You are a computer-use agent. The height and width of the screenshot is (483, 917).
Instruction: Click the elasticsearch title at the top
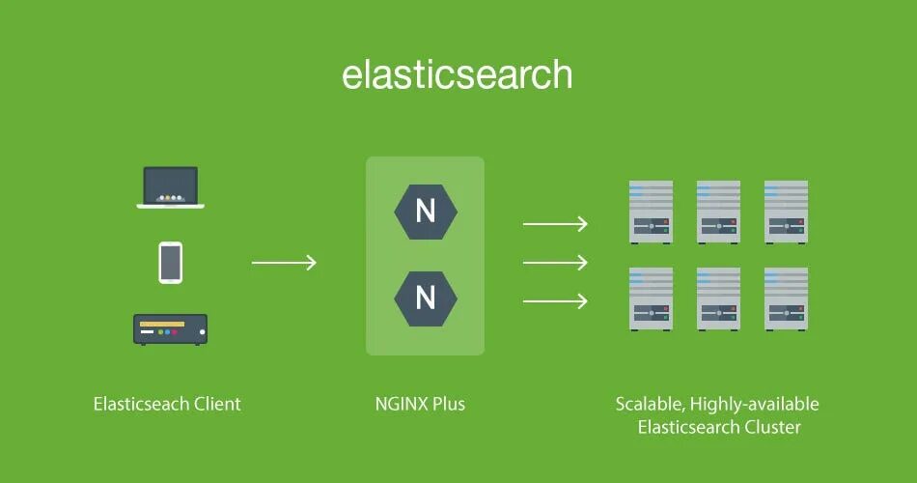point(458,75)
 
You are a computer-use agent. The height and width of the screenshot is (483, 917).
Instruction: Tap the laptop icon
point(171,187)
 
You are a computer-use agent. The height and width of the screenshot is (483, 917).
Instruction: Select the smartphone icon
point(171,263)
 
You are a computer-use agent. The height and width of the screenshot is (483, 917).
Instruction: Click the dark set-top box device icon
point(171,329)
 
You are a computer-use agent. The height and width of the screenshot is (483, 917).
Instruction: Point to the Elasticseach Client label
point(167,404)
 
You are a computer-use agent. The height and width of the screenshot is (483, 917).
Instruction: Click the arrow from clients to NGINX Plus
point(284,263)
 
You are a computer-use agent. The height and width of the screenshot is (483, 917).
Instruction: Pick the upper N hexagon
point(426,212)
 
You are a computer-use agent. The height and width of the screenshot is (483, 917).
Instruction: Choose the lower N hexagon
point(426,298)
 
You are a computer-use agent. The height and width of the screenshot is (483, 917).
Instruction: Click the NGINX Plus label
point(420,404)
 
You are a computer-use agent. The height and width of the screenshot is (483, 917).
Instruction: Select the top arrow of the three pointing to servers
point(555,224)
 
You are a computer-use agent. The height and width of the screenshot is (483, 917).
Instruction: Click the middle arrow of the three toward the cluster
point(555,263)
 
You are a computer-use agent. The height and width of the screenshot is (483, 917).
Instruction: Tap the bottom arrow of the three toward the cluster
point(555,301)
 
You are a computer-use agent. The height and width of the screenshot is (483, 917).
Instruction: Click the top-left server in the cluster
point(652,212)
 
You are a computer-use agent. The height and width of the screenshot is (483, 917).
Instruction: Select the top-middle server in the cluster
point(718,212)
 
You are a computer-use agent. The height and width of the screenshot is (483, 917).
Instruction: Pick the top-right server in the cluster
point(786,212)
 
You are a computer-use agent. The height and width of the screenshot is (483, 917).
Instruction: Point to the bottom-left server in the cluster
point(652,298)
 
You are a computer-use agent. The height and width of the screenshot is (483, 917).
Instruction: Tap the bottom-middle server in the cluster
point(718,298)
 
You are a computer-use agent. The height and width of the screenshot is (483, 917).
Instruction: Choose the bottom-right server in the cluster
point(786,298)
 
